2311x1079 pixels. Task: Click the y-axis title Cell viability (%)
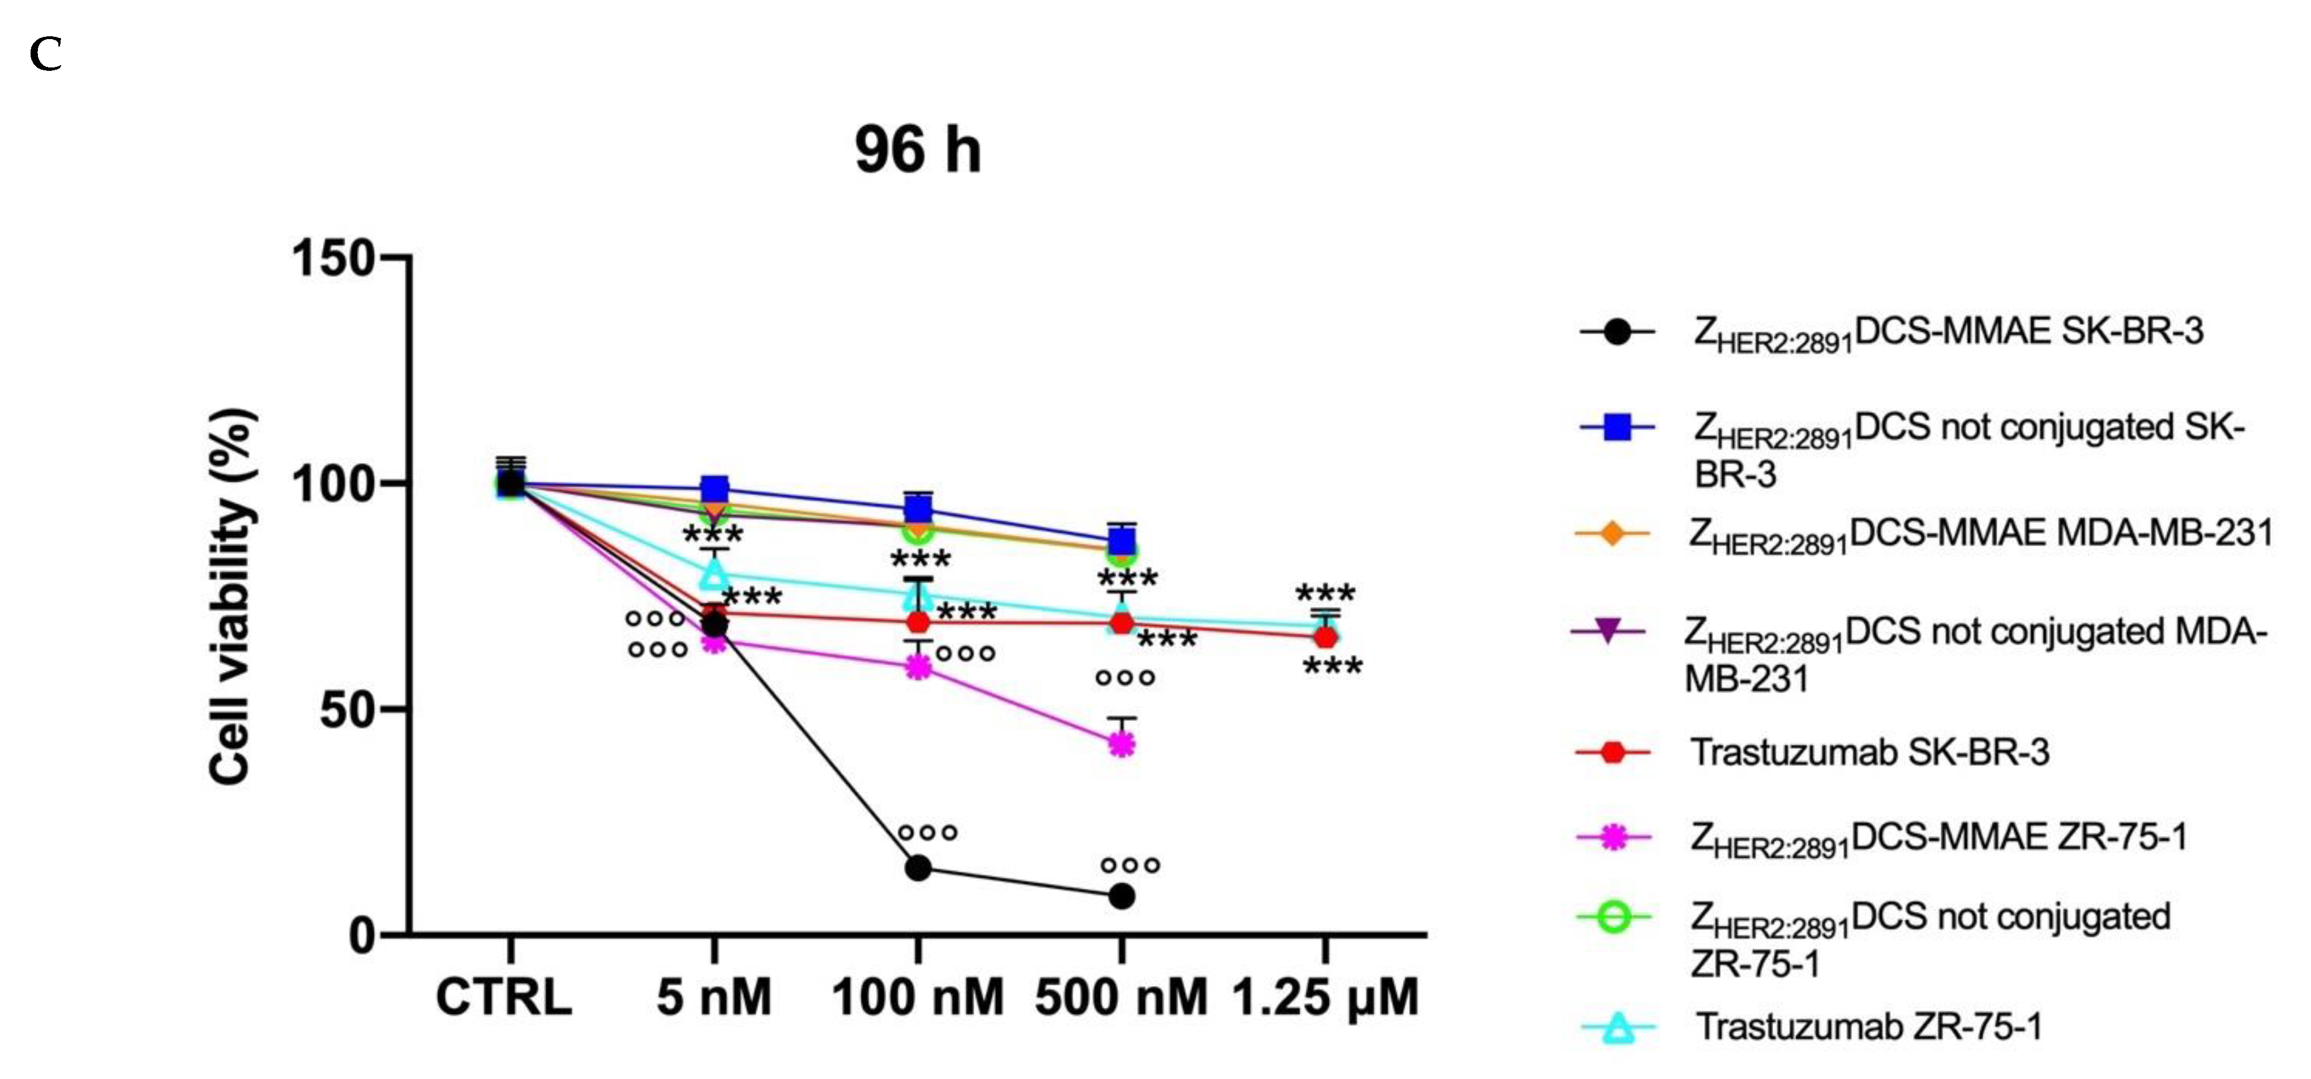click(x=232, y=597)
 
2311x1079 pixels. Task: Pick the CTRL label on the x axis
click(x=503, y=997)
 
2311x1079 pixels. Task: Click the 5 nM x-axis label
click(x=714, y=997)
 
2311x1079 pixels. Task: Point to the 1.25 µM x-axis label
click(x=1325, y=997)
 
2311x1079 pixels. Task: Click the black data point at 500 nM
click(x=1122, y=896)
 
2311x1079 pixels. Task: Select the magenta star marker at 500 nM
click(x=1122, y=744)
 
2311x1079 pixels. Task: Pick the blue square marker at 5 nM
click(x=714, y=489)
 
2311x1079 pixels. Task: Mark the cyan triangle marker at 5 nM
click(x=714, y=573)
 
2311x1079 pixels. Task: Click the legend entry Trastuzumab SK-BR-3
click(x=1869, y=752)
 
